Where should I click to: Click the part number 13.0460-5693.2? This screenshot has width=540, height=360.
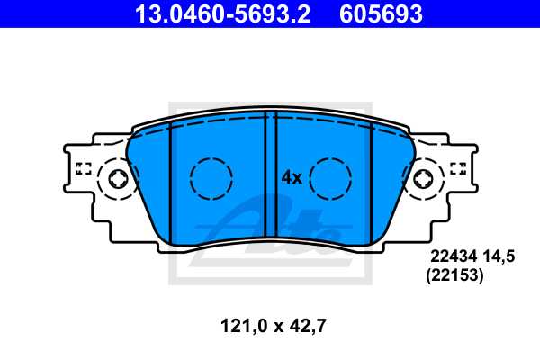223,13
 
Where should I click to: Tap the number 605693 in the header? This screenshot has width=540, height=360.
381,13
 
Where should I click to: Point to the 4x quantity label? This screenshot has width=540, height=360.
292,178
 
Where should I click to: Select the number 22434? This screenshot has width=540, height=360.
454,256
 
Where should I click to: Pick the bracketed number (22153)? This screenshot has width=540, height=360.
454,275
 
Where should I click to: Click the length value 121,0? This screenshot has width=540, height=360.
244,326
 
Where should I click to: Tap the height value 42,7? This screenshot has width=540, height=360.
308,326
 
